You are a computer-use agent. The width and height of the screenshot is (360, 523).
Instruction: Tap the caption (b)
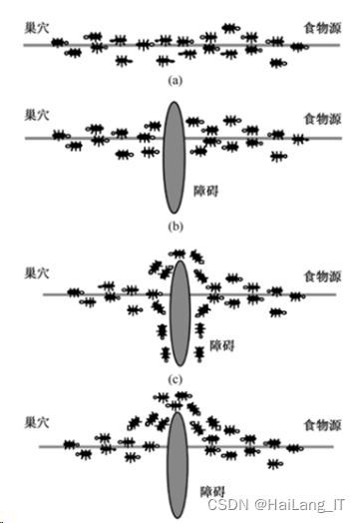[176, 227]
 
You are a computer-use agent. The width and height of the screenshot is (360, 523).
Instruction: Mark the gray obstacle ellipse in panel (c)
[180, 314]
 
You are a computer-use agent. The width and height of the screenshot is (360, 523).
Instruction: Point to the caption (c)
[176, 379]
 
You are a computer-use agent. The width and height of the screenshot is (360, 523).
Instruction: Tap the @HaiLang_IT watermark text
[298, 506]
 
